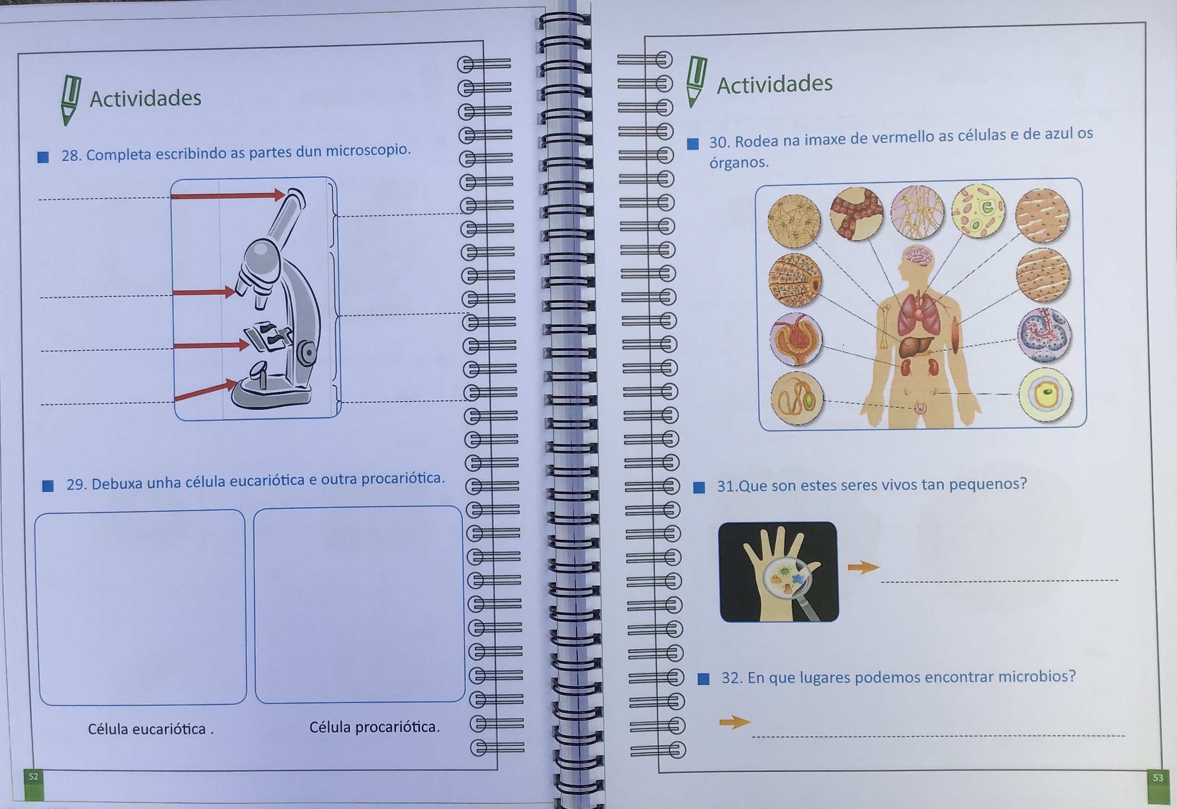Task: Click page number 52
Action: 33,776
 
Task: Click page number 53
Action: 1158,777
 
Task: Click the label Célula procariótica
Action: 374,727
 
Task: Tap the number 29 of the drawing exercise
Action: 77,484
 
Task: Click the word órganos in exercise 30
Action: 739,163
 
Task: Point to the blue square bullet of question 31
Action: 699,488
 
